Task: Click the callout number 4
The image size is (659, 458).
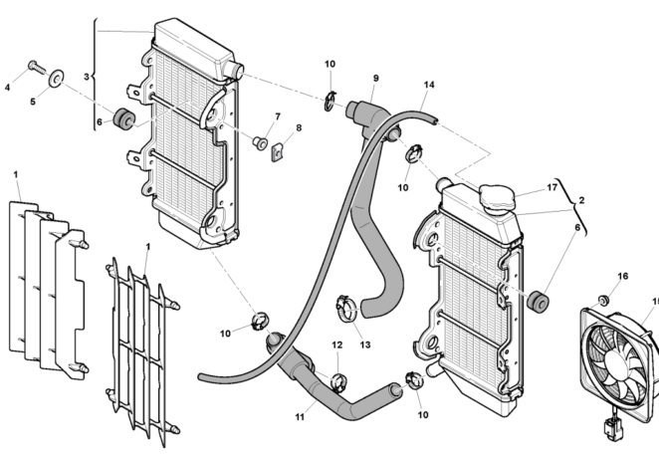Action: point(8,88)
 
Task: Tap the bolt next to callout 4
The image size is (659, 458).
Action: point(37,68)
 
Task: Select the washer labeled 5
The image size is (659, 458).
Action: point(56,77)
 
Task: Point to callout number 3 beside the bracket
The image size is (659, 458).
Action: point(87,77)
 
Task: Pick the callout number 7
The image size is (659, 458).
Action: point(278,117)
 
